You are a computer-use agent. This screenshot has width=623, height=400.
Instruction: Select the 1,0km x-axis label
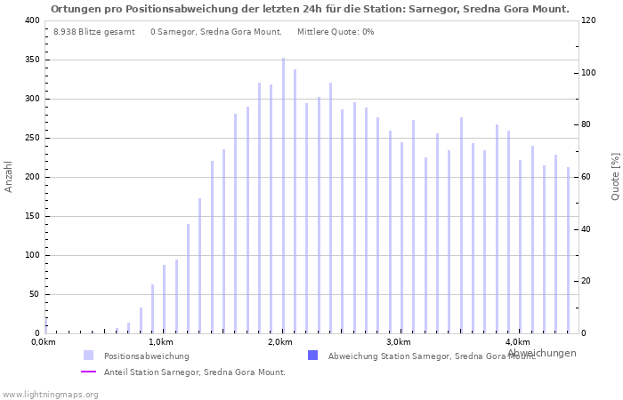[160, 342]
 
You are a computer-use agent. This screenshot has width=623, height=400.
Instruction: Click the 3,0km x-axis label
[399, 342]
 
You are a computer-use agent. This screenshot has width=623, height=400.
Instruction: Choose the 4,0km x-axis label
[517, 342]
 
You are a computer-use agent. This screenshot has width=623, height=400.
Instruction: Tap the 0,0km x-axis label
[44, 342]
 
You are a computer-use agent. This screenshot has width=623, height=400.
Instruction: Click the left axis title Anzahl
[9, 176]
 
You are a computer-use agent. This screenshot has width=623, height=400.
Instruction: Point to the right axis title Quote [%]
[615, 176]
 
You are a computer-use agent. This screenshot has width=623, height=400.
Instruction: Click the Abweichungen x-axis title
[541, 353]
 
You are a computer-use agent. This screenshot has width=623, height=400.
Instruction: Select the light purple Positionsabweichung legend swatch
[88, 356]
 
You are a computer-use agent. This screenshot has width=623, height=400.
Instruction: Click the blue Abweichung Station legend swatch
[312, 356]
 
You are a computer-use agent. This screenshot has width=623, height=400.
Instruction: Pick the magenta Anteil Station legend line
[88, 372]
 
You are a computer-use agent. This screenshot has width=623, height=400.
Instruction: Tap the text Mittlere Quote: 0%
[336, 32]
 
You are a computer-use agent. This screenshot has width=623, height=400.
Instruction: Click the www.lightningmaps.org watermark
[50, 394]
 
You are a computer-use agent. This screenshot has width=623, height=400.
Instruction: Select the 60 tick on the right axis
[587, 177]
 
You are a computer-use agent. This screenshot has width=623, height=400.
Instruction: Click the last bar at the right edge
[568, 250]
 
